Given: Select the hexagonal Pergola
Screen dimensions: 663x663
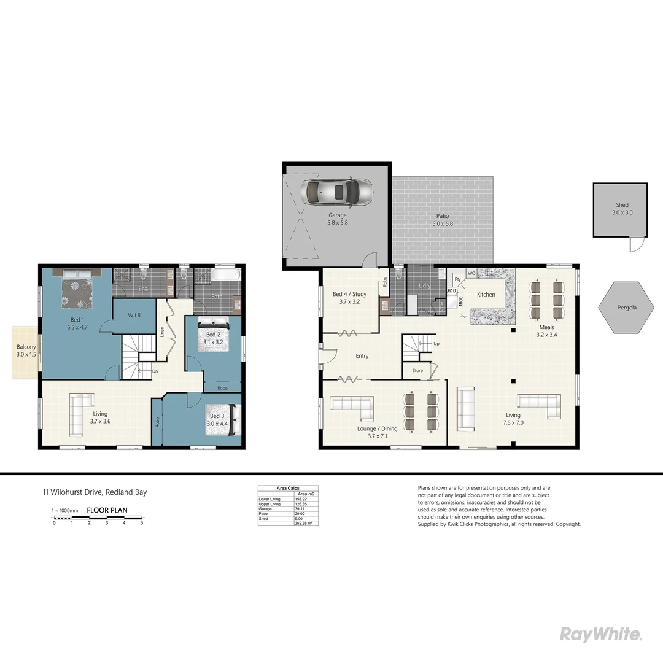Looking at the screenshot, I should pos(626,307).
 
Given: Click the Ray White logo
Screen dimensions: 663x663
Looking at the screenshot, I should pos(600,634).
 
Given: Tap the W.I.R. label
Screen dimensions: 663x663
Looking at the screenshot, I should pos(135,316).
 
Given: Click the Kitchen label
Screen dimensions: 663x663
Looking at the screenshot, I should pos(486,295).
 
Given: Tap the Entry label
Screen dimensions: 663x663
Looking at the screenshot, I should pos(362,356).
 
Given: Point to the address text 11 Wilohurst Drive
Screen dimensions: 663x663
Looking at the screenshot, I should pos(95,492).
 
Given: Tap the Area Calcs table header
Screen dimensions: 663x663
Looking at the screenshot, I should pos(288,488).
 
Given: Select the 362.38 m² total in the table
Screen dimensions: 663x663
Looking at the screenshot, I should pos(304,523).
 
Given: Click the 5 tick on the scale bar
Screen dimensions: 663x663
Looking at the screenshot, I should pos(142,523).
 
